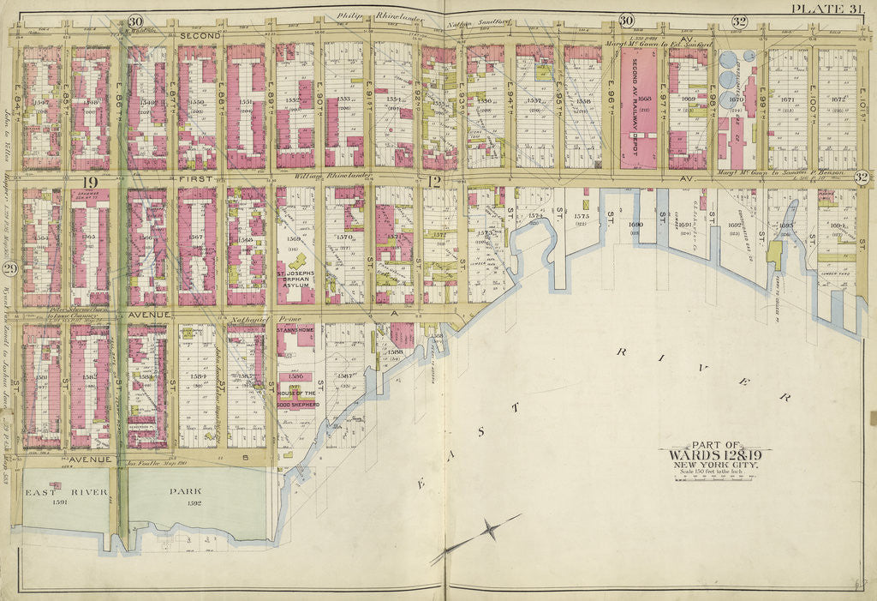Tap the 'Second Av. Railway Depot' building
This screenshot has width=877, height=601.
(x=638, y=107)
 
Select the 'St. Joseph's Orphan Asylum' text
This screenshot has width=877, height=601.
(x=295, y=281)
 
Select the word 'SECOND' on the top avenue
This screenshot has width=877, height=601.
(x=200, y=36)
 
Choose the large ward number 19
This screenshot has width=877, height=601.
(x=87, y=181)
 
